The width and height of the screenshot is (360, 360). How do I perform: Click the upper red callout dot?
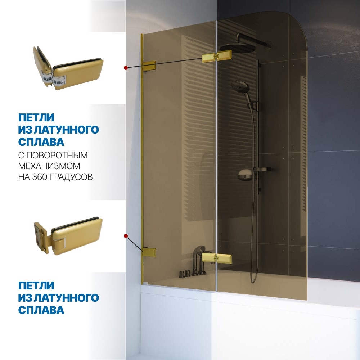[x=126, y=68]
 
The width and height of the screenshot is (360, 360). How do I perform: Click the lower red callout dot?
[x=126, y=236]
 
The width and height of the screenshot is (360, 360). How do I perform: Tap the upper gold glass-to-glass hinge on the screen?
[x=216, y=56]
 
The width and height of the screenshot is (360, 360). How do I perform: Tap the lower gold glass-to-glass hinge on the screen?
[x=216, y=258]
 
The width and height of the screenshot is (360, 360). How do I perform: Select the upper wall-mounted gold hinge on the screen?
[x=149, y=66]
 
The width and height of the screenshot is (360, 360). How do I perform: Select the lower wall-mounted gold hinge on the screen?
[x=149, y=252]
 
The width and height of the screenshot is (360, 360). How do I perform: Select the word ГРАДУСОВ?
[x=71, y=177]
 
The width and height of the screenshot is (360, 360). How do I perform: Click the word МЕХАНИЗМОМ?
[x=49, y=166]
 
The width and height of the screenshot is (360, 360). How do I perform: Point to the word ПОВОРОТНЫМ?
[x=57, y=155]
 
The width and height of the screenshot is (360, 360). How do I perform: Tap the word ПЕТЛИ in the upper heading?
[x=36, y=118]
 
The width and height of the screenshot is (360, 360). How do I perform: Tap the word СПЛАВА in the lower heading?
[x=41, y=310]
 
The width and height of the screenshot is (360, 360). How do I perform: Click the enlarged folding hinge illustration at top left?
[x=68, y=68]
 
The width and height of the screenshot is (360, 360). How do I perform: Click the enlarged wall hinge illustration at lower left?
[x=68, y=236]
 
